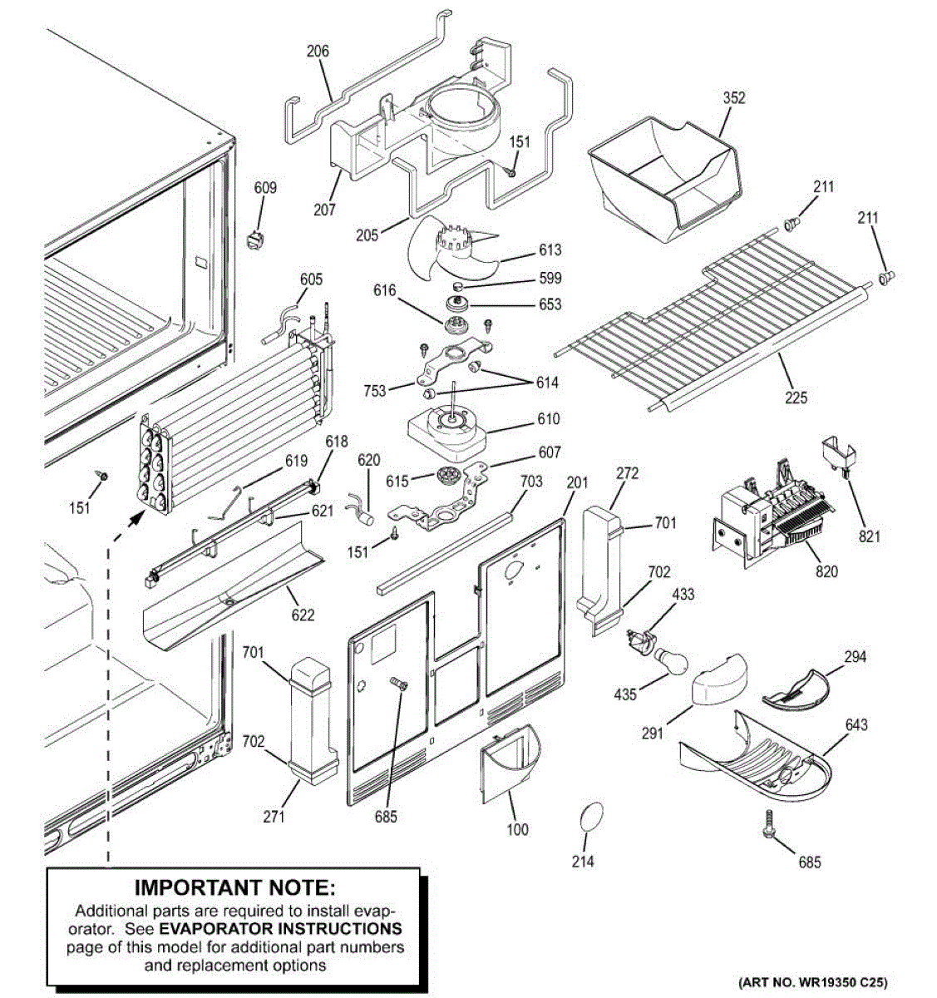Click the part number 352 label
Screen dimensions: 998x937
point(734,98)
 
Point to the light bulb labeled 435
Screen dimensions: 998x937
point(672,664)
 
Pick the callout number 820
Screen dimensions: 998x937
point(826,571)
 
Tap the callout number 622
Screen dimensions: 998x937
point(303,615)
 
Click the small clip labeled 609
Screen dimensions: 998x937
point(254,239)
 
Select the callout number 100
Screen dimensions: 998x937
point(517,828)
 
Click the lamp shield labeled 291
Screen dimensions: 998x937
point(717,679)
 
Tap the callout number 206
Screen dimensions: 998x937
point(318,51)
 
